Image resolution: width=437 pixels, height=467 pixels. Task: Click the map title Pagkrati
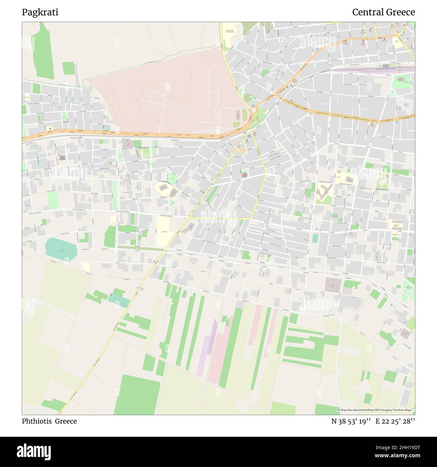(x=40, y=12)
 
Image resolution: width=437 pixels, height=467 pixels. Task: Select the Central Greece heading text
(x=383, y=12)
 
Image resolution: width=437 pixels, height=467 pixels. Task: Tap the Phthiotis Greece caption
(x=49, y=421)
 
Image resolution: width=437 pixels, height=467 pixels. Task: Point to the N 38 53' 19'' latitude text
(x=351, y=421)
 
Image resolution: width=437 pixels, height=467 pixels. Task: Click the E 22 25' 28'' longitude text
(x=395, y=421)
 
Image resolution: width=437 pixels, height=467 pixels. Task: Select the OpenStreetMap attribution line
(x=376, y=410)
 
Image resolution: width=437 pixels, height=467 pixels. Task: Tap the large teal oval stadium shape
(x=61, y=249)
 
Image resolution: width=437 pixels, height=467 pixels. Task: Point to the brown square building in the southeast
(x=333, y=285)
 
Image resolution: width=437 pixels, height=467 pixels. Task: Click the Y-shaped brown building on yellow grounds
(x=324, y=194)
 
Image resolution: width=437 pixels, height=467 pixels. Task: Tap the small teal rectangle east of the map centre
(x=315, y=238)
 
